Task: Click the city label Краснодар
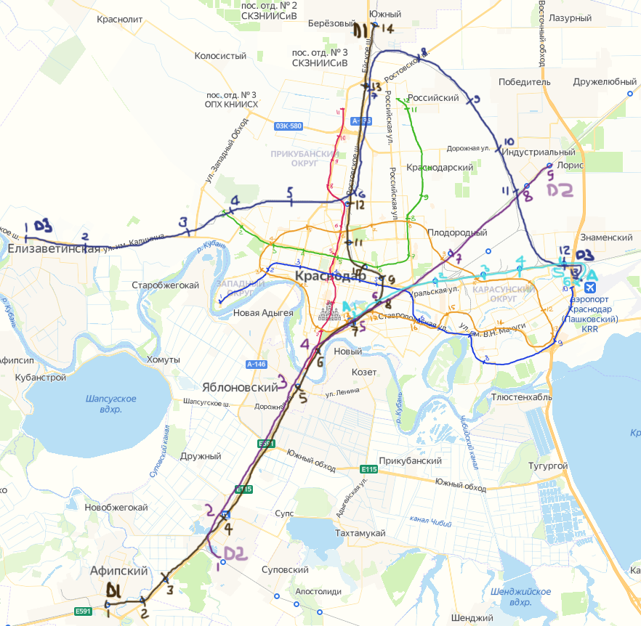(x=331, y=277)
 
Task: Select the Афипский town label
(x=119, y=571)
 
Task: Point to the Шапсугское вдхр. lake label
(x=111, y=404)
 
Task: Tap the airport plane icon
(x=592, y=275)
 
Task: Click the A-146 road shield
(x=255, y=364)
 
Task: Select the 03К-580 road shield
(x=289, y=126)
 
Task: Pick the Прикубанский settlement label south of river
(x=411, y=461)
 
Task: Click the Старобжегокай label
(x=165, y=285)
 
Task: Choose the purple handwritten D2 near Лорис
(x=560, y=191)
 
